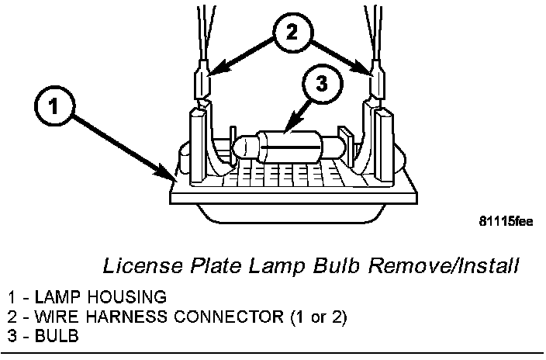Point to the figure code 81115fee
tap(506, 221)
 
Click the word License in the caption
tap(134, 267)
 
